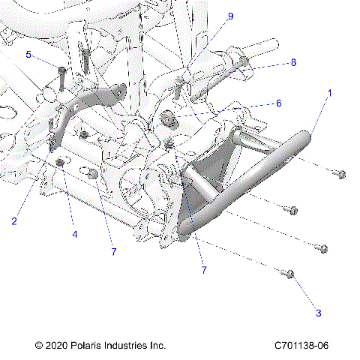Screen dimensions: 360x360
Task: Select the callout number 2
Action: tap(14, 220)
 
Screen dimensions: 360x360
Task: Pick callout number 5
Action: tap(28, 55)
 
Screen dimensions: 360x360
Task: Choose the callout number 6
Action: tap(279, 103)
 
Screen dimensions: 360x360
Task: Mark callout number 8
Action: tap(293, 62)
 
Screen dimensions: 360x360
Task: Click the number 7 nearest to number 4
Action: tap(114, 252)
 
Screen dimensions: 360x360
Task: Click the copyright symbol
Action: tap(39, 346)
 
